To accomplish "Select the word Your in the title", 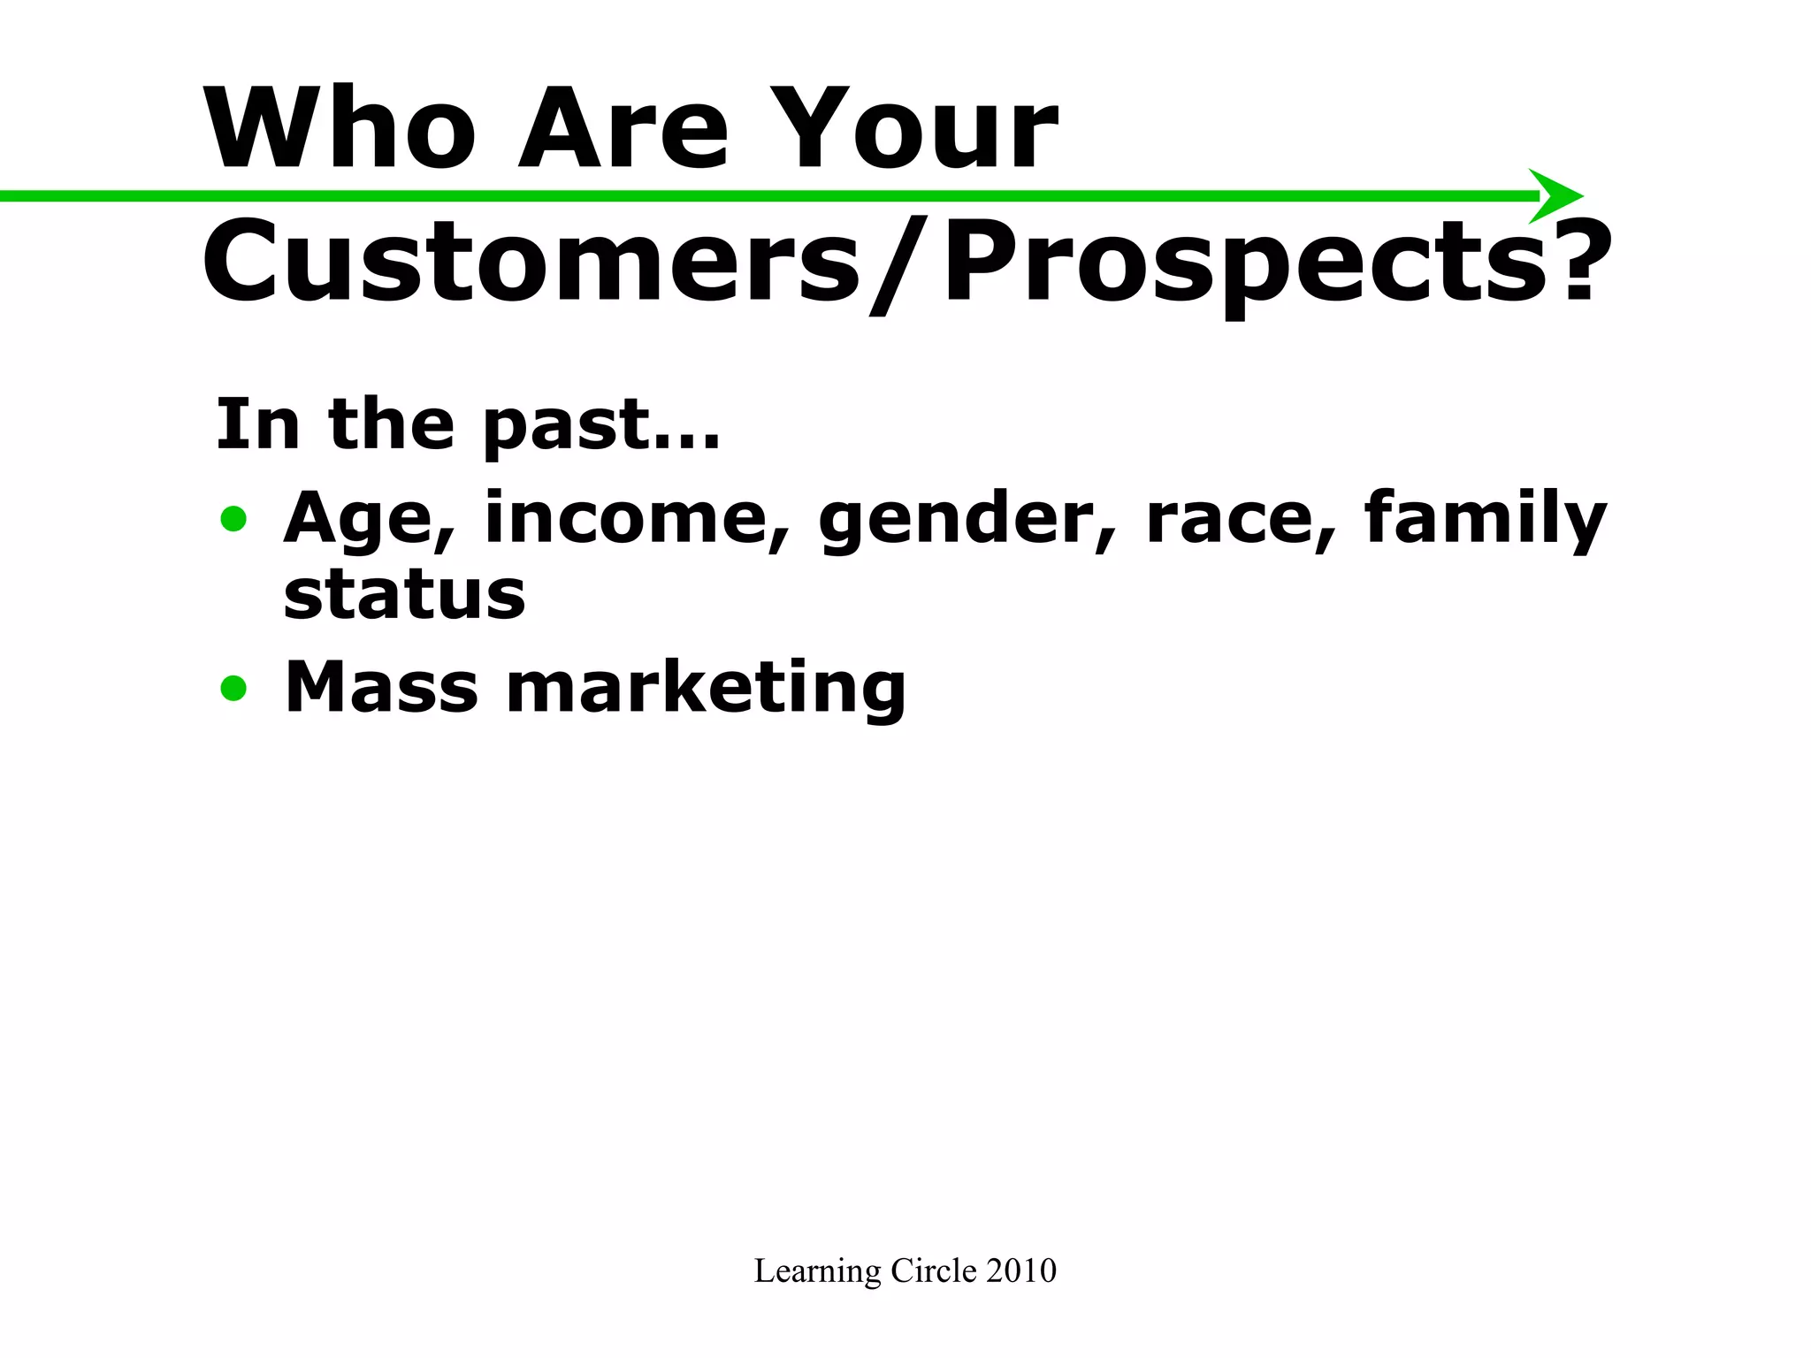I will (921, 129).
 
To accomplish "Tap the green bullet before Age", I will (234, 519).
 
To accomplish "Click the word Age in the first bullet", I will (367, 520).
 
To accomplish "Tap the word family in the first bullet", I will (1485, 520).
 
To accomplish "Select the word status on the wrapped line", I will (404, 594).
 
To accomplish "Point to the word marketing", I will (705, 689).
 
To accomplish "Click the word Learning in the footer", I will (817, 1271).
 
